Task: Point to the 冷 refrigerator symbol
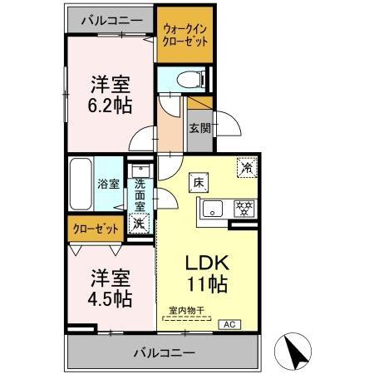point(247,166)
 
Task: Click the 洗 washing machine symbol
point(140,222)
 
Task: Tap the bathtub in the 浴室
point(81,184)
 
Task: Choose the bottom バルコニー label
point(164,353)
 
